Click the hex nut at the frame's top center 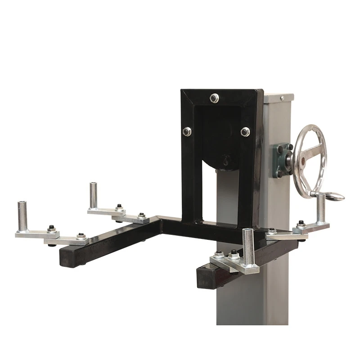tap(215, 97)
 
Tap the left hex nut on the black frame tap(187, 131)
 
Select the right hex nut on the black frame tap(245, 131)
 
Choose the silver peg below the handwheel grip tap(321, 208)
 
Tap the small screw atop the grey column tap(282, 98)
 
